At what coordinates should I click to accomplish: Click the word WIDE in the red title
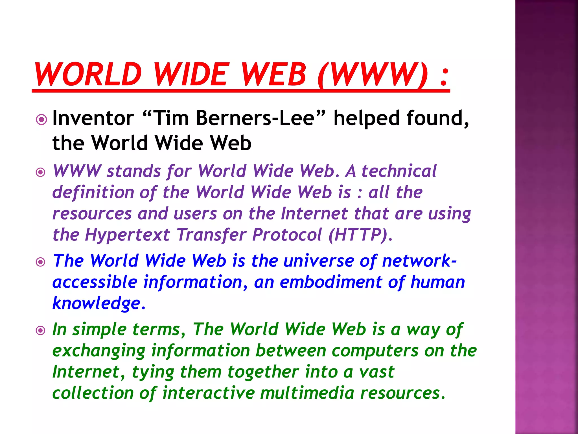coord(191,74)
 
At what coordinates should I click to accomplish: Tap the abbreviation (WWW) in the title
coord(372,74)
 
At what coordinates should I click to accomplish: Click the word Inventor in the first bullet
coord(93,118)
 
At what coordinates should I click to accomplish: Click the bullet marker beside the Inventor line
coord(41,120)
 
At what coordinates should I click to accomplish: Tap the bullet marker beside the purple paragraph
coord(41,172)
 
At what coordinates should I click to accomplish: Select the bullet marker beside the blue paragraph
coord(41,262)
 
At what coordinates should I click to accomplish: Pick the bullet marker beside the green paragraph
coord(41,330)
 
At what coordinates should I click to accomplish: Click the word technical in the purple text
coord(399,171)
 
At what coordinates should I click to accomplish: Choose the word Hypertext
coord(128,235)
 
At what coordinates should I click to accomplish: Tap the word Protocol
coord(287,235)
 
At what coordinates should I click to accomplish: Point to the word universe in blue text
coord(318,261)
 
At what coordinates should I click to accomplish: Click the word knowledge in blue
coord(97,303)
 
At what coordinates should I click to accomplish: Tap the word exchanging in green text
coord(99,351)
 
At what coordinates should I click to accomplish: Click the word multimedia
coord(307,393)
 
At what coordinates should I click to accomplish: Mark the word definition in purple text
coord(93,192)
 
